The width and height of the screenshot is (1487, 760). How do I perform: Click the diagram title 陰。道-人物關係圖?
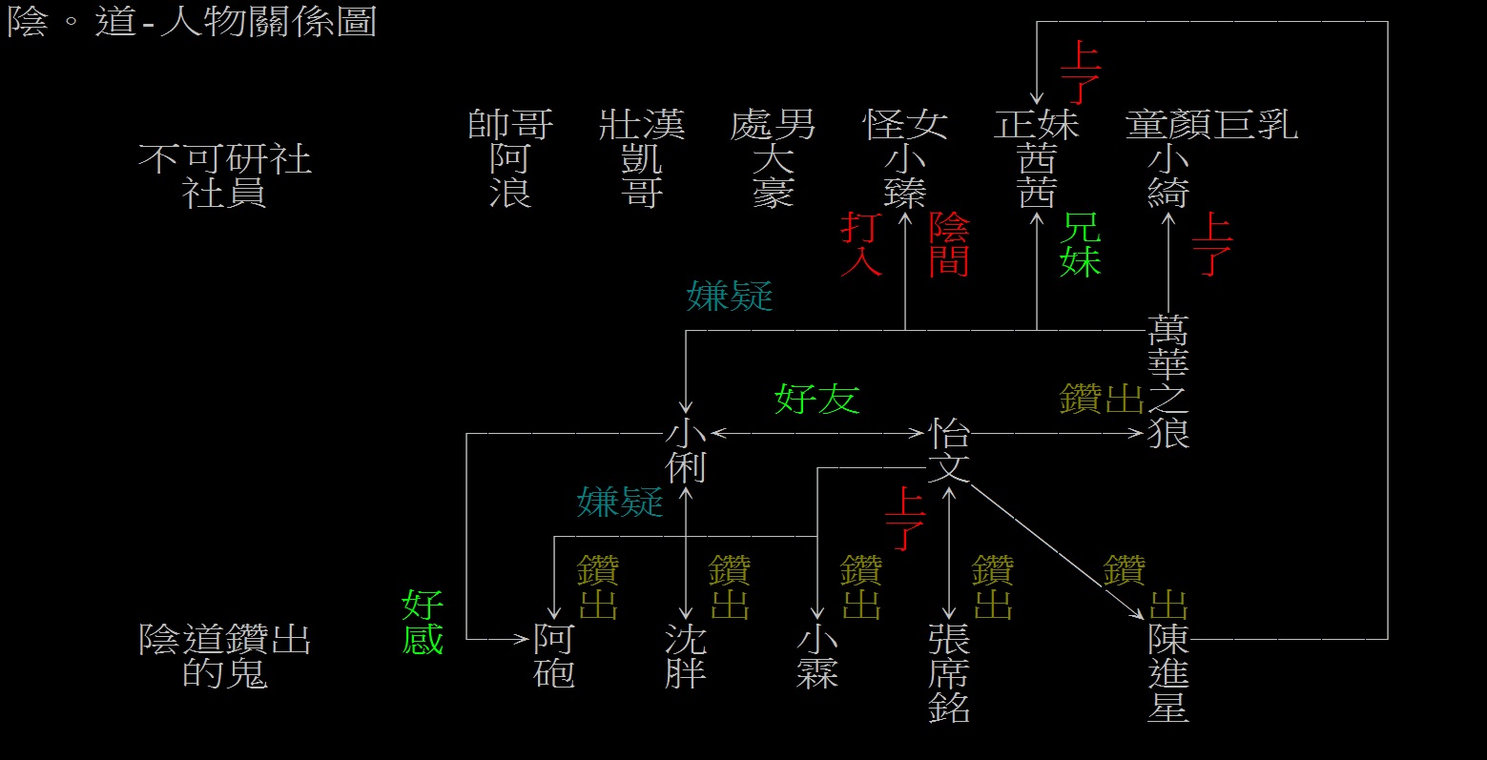point(192,21)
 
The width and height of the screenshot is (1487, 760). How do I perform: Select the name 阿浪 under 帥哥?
point(510,175)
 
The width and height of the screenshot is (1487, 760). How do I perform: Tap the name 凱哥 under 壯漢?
point(641,175)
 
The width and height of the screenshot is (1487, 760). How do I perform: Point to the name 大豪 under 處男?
point(773,175)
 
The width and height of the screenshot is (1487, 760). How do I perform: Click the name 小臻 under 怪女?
point(904,175)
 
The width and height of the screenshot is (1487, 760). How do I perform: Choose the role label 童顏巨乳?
point(1211,125)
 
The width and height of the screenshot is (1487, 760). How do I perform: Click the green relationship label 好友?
point(816,399)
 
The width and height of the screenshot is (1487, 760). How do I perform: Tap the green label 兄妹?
point(1081,245)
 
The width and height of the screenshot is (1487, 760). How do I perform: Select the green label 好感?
point(423,622)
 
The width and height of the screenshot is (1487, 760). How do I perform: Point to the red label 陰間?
point(949,245)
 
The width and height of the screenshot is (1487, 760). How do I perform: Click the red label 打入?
point(860,245)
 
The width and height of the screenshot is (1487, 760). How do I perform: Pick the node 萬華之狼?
point(1168,381)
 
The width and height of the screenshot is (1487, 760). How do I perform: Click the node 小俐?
point(685,451)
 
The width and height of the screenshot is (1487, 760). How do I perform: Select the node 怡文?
point(949,451)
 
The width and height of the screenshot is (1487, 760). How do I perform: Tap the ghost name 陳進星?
point(1168,673)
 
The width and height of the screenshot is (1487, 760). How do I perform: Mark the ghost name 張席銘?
point(949,673)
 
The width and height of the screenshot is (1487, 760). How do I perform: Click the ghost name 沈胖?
point(685,656)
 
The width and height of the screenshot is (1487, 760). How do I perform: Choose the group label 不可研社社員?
point(224,175)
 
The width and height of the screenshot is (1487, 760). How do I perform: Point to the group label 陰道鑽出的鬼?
point(224,656)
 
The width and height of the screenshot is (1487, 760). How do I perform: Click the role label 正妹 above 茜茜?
point(1036,125)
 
